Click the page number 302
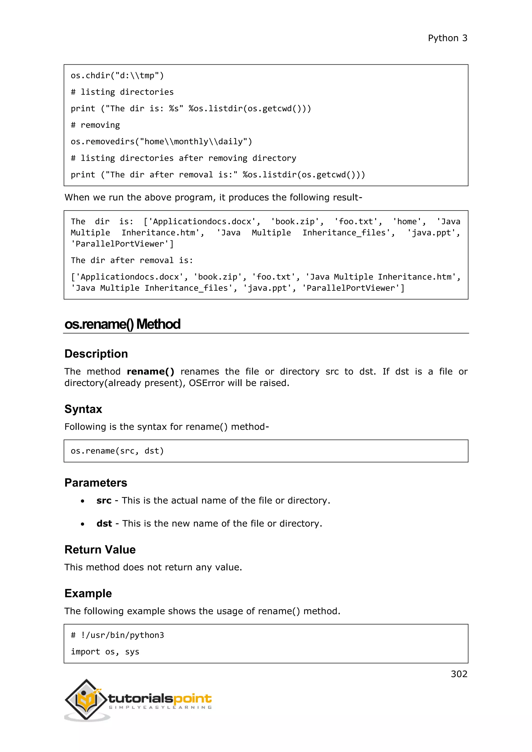459,674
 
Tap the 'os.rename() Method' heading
122,324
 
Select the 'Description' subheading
96,354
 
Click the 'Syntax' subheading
83,409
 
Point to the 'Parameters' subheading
96,483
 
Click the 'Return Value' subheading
100,550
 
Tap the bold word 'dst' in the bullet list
104,523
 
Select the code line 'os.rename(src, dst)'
117,451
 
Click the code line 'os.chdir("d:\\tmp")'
117,76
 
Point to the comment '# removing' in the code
95,125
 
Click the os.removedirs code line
161,142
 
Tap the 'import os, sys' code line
105,652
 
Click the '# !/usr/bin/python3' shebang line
117,635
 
